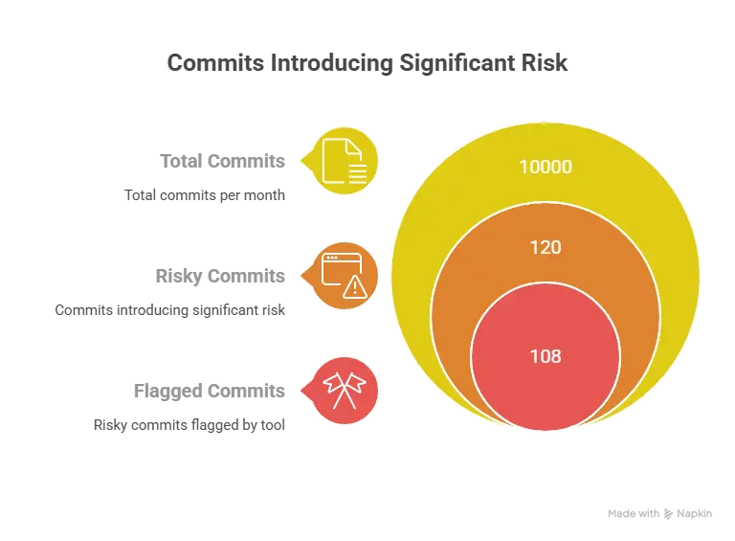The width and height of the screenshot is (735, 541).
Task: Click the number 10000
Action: coord(545,167)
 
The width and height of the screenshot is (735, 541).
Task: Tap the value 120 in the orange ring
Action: coord(545,247)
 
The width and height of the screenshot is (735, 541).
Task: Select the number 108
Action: coord(545,356)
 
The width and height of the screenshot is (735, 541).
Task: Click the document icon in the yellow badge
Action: coord(342,161)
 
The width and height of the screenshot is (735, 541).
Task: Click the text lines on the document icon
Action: coord(356,171)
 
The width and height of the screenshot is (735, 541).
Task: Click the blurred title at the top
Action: coord(367,64)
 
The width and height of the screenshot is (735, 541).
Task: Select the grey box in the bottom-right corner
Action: coord(657,513)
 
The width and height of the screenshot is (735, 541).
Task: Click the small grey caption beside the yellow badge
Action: coord(223,159)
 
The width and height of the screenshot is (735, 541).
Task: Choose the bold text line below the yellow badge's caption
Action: coord(207,198)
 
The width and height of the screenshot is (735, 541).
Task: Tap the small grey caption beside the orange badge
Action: coord(223,275)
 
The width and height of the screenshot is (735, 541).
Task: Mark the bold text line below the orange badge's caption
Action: coord(172,311)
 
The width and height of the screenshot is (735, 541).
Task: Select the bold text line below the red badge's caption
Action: coord(191,425)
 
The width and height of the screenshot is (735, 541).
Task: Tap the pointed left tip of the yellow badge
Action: coord(301,160)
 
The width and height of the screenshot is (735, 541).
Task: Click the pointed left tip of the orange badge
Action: coord(301,276)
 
